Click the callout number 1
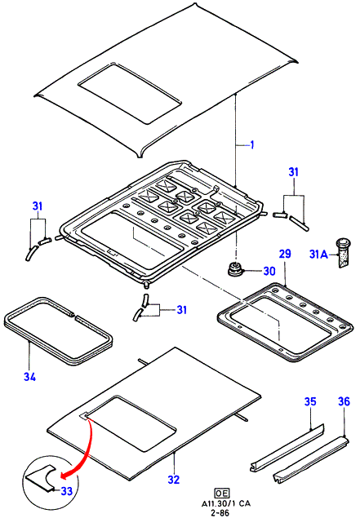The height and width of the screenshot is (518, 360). coord(252,144)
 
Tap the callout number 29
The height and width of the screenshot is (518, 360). coord(285,254)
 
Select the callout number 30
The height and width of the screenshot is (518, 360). coord(269,271)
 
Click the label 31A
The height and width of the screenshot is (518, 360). coord(318,255)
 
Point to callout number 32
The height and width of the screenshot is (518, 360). coord(173,480)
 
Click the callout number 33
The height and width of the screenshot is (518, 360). coord(67,491)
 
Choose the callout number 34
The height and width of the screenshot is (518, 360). coord(29,377)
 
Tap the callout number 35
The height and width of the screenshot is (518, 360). coord(310,401)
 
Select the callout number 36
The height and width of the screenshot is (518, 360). coord(344,401)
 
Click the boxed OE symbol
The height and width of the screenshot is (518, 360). coord(221,494)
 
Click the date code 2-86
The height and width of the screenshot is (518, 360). coord(221,513)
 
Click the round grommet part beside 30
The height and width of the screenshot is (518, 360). coord(234,269)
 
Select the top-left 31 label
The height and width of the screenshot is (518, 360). coord(38,206)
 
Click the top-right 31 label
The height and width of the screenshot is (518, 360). coord(294,172)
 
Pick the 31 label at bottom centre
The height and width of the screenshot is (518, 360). coord(181,310)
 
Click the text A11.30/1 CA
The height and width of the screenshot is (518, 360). coord(226,504)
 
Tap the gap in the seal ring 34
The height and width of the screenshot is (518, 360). coord(73,317)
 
